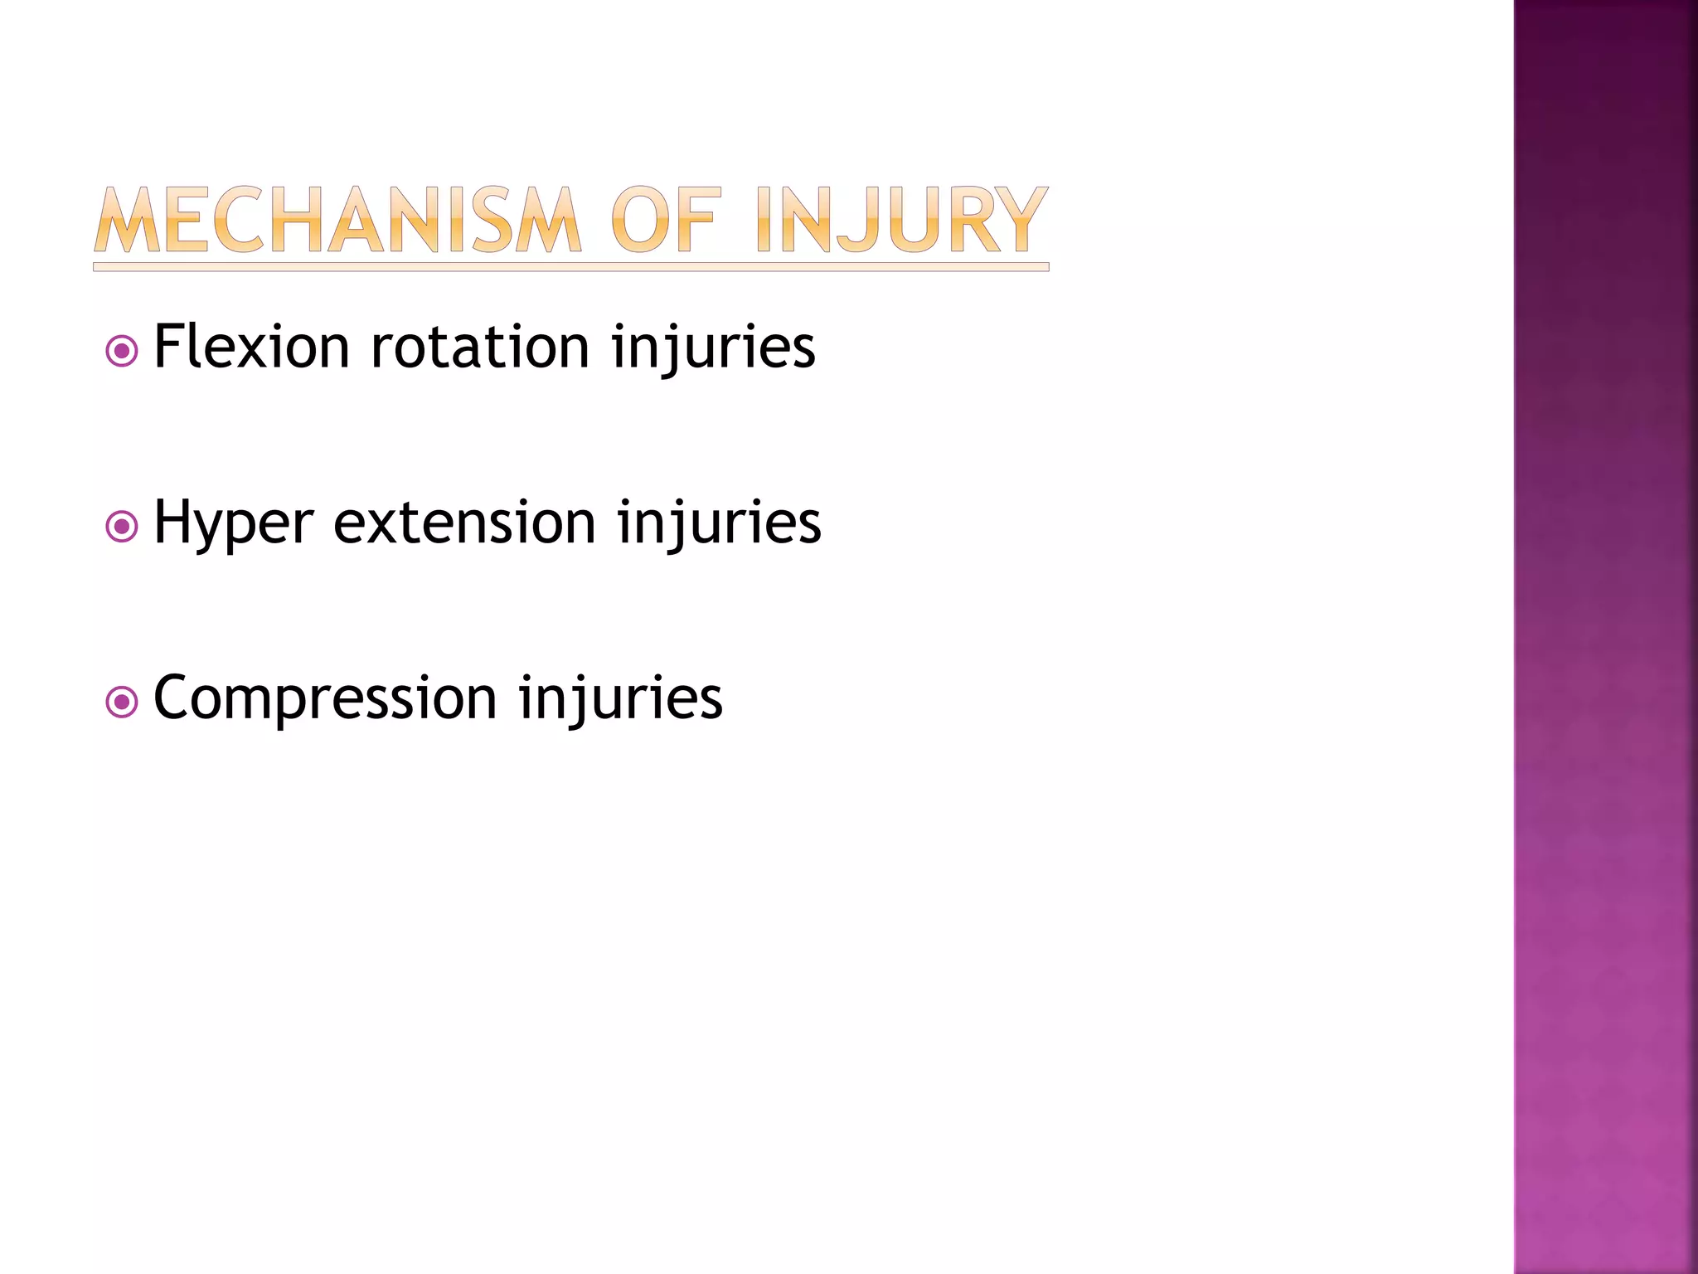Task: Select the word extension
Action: point(464,523)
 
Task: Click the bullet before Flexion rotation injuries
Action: point(122,351)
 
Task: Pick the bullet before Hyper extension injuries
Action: point(122,527)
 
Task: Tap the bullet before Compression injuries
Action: point(122,703)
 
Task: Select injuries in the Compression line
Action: point(621,699)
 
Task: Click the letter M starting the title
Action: point(127,220)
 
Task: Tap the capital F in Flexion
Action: point(169,347)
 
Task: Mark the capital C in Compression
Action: point(175,698)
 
